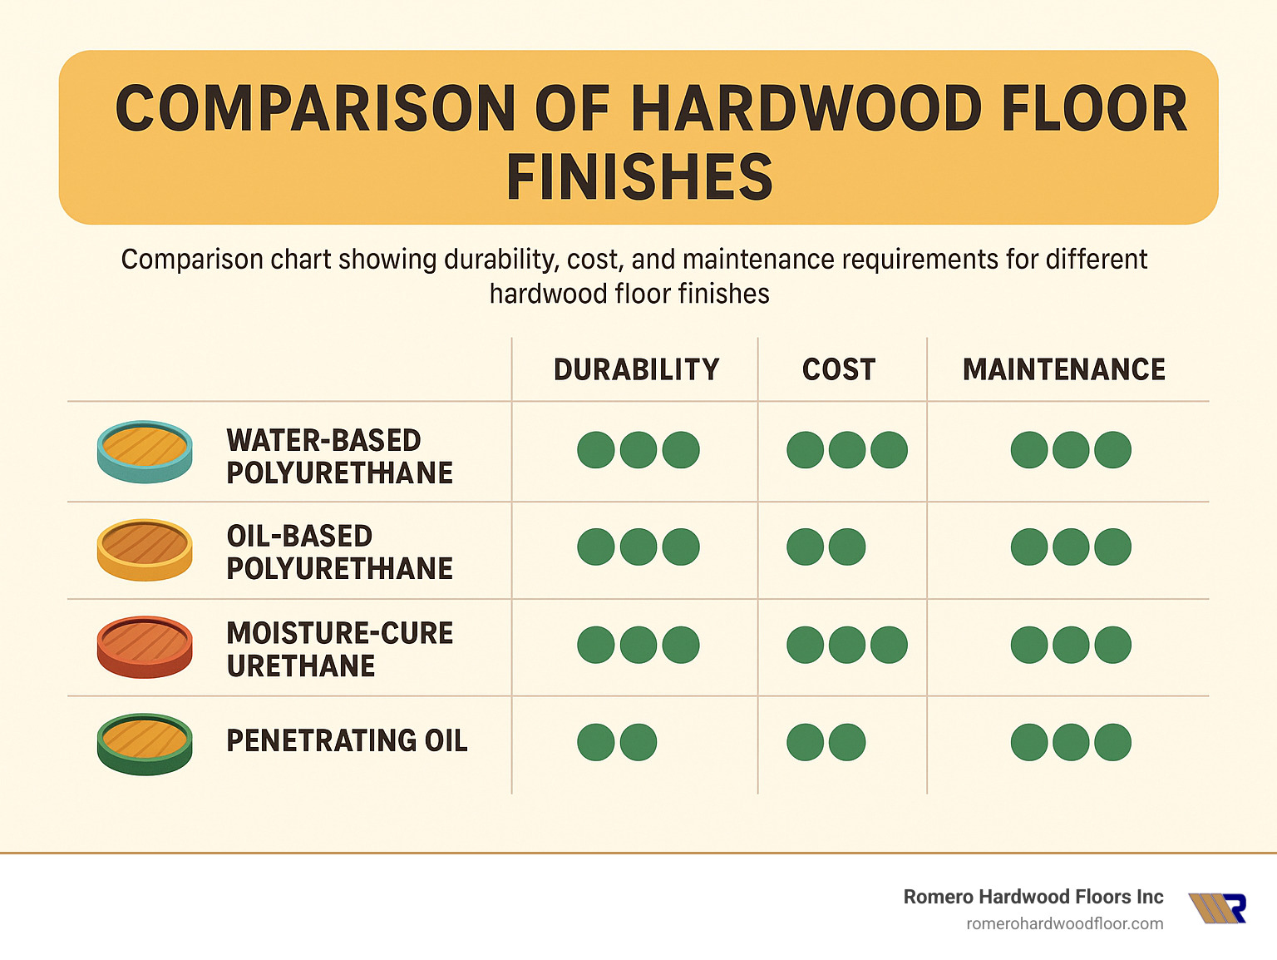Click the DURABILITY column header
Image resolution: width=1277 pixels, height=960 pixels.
click(x=636, y=369)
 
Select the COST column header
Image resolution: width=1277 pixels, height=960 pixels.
click(x=839, y=369)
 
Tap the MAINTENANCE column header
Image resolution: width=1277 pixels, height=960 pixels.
click(x=1063, y=369)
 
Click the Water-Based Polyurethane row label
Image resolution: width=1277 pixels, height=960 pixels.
click(x=339, y=456)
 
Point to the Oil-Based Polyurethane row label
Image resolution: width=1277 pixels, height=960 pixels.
click(x=339, y=552)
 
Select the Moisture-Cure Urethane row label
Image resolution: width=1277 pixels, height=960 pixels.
click(x=339, y=649)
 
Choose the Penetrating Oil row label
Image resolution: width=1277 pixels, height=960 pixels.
click(x=347, y=740)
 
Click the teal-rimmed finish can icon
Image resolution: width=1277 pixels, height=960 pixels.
click(x=145, y=452)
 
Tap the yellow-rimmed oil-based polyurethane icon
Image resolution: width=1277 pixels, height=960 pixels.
click(x=145, y=549)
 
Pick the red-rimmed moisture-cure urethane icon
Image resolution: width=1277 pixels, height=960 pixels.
click(x=145, y=646)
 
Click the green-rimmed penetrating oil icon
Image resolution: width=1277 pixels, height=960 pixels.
click(x=145, y=744)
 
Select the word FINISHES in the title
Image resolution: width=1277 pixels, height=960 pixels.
click(x=639, y=177)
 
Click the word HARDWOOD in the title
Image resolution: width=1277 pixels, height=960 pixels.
click(x=806, y=109)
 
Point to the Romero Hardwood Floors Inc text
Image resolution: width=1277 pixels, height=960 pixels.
click(x=1033, y=897)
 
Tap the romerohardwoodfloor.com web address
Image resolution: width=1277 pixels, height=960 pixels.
click(x=1064, y=923)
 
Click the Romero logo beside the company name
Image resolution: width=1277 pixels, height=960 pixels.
click(x=1218, y=908)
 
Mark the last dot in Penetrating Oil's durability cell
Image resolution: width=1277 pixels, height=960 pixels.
click(x=638, y=742)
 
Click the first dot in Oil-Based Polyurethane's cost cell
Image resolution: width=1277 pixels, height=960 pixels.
click(x=805, y=547)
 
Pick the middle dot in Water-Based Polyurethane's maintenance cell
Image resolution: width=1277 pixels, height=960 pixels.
click(x=1071, y=450)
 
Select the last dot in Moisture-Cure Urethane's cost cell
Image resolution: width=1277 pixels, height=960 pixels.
click(x=889, y=645)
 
